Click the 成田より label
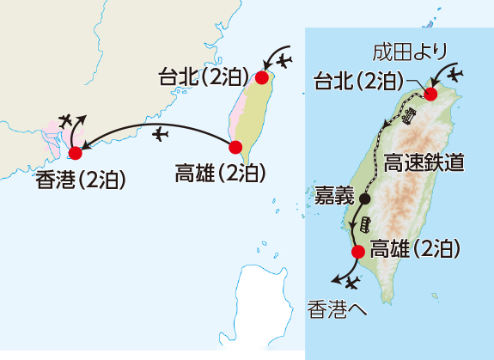point(410,52)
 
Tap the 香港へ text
point(337,309)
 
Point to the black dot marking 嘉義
point(365,198)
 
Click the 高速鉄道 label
point(424,163)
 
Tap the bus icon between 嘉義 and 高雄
point(366,224)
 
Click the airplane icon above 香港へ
point(352,283)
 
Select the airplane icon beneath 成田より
point(455,75)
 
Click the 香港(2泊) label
point(81,180)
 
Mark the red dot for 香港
point(76,153)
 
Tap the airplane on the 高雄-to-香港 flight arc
point(160,134)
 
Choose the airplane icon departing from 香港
point(66,120)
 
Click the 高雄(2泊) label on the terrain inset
point(415,249)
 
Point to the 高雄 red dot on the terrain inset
point(358,252)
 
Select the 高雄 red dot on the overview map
point(235,148)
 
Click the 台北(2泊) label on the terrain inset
point(358,82)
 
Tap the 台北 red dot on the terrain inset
point(431,95)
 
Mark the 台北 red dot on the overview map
point(262,78)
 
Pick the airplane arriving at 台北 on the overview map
point(284,60)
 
